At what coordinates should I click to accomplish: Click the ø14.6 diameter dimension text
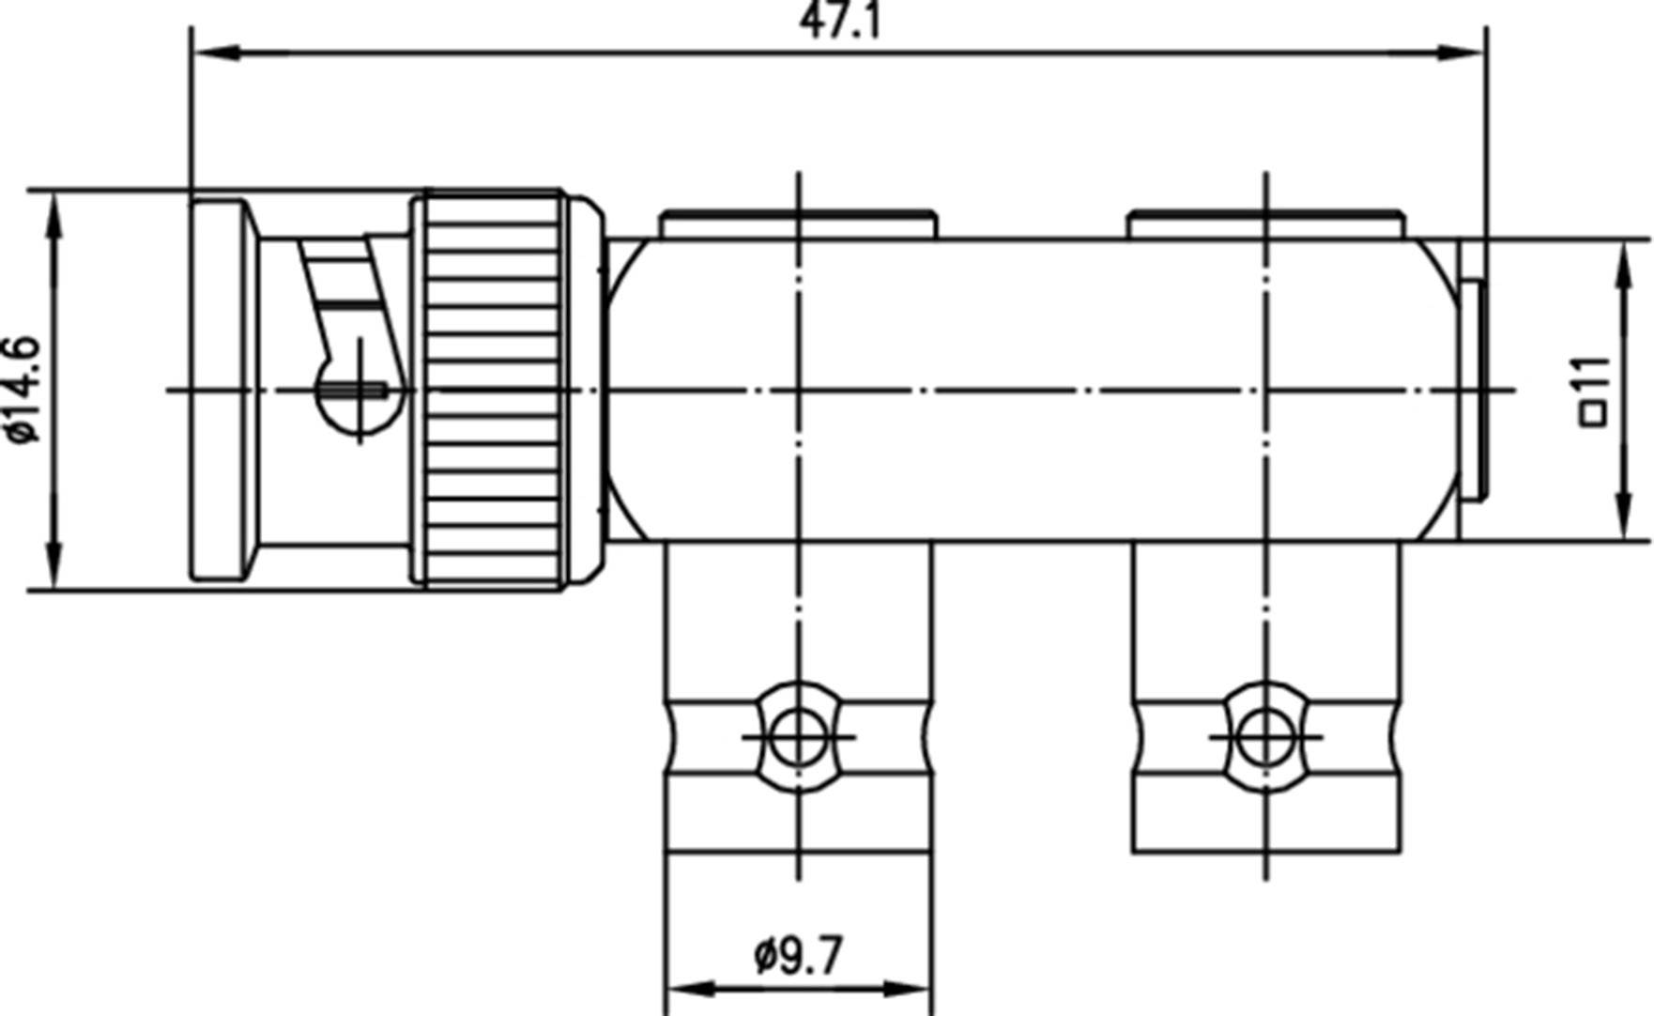(23, 389)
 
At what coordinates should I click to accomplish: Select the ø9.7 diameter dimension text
(798, 956)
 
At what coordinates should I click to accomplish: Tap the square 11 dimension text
(1594, 389)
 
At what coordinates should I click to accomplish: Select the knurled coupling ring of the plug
(493, 389)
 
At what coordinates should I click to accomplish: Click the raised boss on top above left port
(798, 226)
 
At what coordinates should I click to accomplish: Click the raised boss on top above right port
(1265, 226)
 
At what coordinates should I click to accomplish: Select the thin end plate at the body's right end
(1474, 389)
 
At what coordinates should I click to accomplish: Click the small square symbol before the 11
(1594, 413)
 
